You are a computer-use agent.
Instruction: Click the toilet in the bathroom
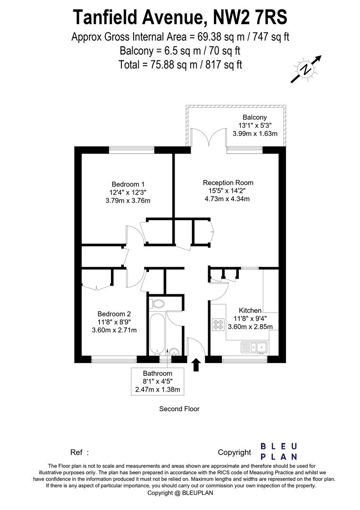(x=157, y=303)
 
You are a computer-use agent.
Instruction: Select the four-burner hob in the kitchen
(x=218, y=325)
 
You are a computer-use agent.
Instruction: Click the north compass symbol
(x=306, y=69)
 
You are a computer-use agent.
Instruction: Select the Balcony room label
(x=254, y=117)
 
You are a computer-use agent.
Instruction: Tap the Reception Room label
(x=228, y=183)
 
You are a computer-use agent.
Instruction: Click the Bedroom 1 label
(x=128, y=184)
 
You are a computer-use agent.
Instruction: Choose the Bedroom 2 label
(x=114, y=314)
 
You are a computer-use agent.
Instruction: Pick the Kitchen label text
(x=250, y=310)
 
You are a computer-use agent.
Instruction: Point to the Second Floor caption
(x=179, y=409)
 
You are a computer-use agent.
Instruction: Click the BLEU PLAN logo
(x=279, y=451)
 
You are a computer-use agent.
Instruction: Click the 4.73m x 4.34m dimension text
(x=227, y=199)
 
